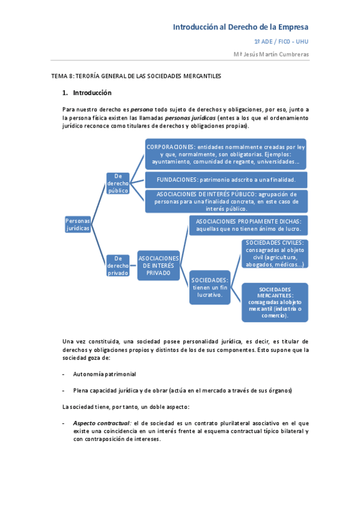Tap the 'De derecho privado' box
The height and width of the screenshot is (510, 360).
pos(118,265)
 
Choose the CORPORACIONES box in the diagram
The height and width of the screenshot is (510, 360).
pos(225,153)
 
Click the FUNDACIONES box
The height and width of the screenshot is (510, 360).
pos(225,179)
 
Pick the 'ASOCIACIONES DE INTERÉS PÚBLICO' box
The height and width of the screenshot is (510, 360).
pos(225,201)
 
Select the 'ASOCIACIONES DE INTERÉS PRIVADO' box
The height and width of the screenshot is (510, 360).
pos(159,265)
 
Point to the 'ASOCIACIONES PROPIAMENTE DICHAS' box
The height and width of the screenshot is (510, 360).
pos(248,226)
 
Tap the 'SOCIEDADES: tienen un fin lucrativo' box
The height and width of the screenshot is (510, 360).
pos(210,287)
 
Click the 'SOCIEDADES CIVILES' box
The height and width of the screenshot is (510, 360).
pos(274,253)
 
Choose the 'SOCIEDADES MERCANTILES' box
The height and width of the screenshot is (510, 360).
pos(274,302)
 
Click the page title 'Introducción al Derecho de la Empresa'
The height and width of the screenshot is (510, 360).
pos(240,27)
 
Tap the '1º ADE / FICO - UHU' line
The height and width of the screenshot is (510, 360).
pos(281,41)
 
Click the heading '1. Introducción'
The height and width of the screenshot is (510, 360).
pos(87,93)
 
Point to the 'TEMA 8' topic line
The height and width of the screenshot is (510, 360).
pos(136,76)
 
